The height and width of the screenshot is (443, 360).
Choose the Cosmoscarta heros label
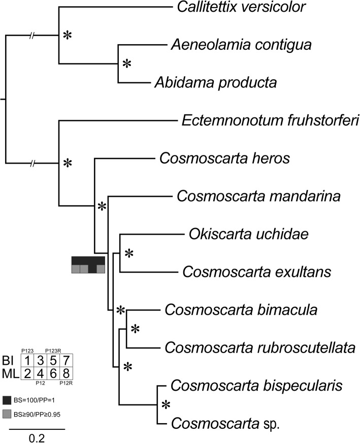pos(217,159)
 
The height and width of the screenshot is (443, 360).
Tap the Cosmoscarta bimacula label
pos(224,310)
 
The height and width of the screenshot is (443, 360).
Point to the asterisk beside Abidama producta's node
pos(127,64)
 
